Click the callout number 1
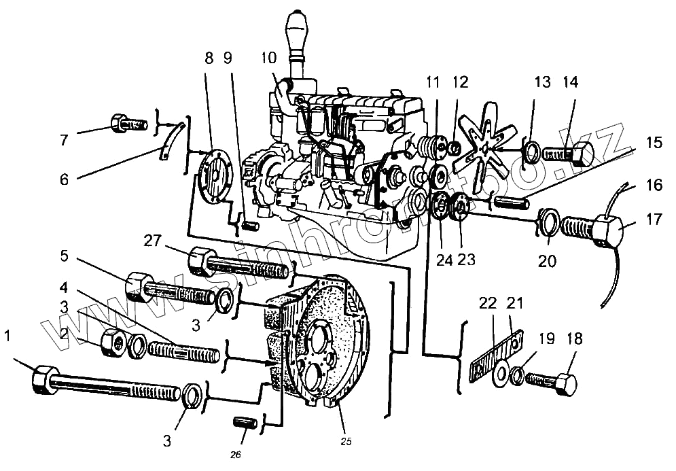7,336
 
